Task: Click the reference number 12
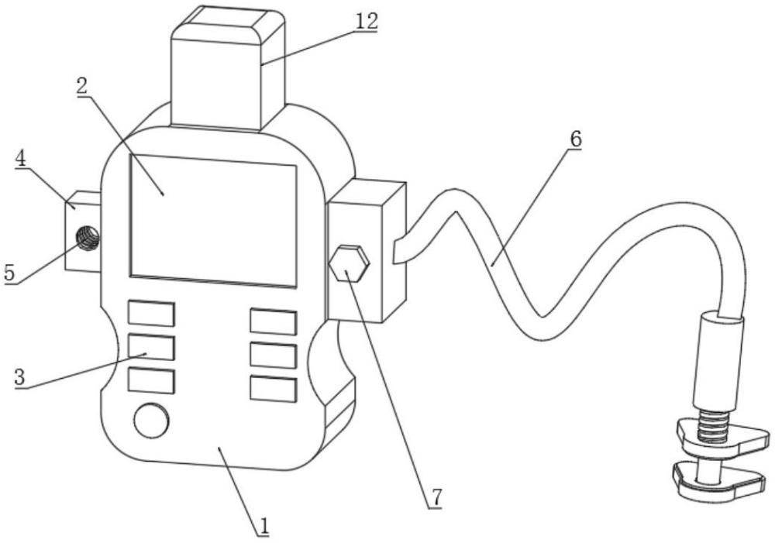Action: (367, 21)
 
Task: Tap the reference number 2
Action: (82, 85)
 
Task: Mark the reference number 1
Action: (263, 526)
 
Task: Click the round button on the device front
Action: (150, 421)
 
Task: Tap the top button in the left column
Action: (151, 314)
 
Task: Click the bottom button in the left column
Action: (151, 381)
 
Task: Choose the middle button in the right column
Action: (273, 355)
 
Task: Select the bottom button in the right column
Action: (273, 388)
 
